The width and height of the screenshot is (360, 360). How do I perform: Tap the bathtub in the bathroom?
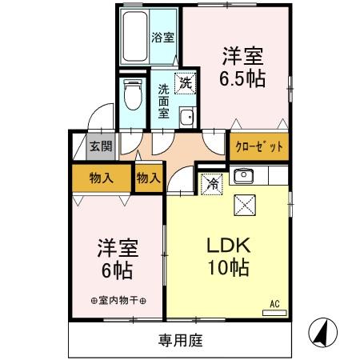[x=136, y=38]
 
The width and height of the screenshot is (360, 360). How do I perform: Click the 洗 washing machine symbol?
[x=185, y=82]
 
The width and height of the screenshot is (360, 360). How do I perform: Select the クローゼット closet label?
[x=258, y=148]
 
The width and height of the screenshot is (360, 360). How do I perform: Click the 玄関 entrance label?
[x=100, y=146]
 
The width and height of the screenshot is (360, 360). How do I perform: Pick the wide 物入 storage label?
[x=101, y=178]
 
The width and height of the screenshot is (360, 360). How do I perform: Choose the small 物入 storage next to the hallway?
[x=148, y=178]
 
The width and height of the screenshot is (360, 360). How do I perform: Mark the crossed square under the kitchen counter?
[x=243, y=205]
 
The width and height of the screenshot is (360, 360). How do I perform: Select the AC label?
[x=274, y=303]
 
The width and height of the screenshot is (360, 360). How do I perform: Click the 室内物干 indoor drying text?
[x=118, y=301]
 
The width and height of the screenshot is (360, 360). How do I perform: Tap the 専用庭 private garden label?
[x=180, y=340]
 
